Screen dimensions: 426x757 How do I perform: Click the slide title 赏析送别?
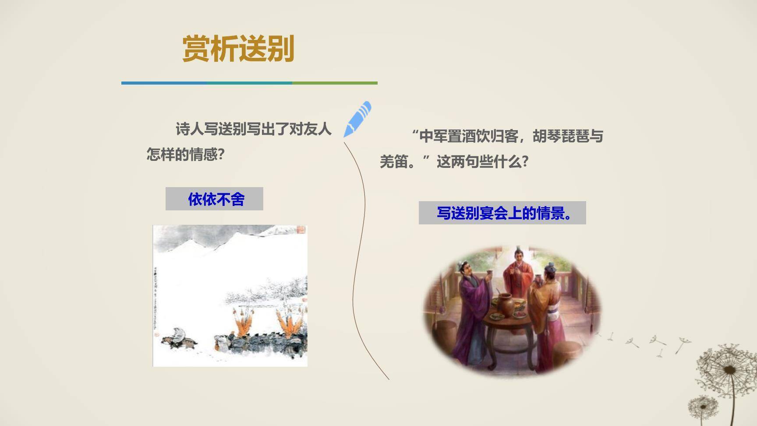(x=238, y=49)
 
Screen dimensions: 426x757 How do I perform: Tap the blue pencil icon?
(x=357, y=119)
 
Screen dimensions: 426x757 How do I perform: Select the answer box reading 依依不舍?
(x=214, y=199)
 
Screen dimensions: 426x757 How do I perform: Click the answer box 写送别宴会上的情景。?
(x=502, y=213)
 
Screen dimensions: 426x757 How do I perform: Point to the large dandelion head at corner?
(x=728, y=371)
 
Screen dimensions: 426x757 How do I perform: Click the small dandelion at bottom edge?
(x=703, y=406)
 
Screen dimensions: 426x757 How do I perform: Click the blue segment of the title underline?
(x=162, y=83)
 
